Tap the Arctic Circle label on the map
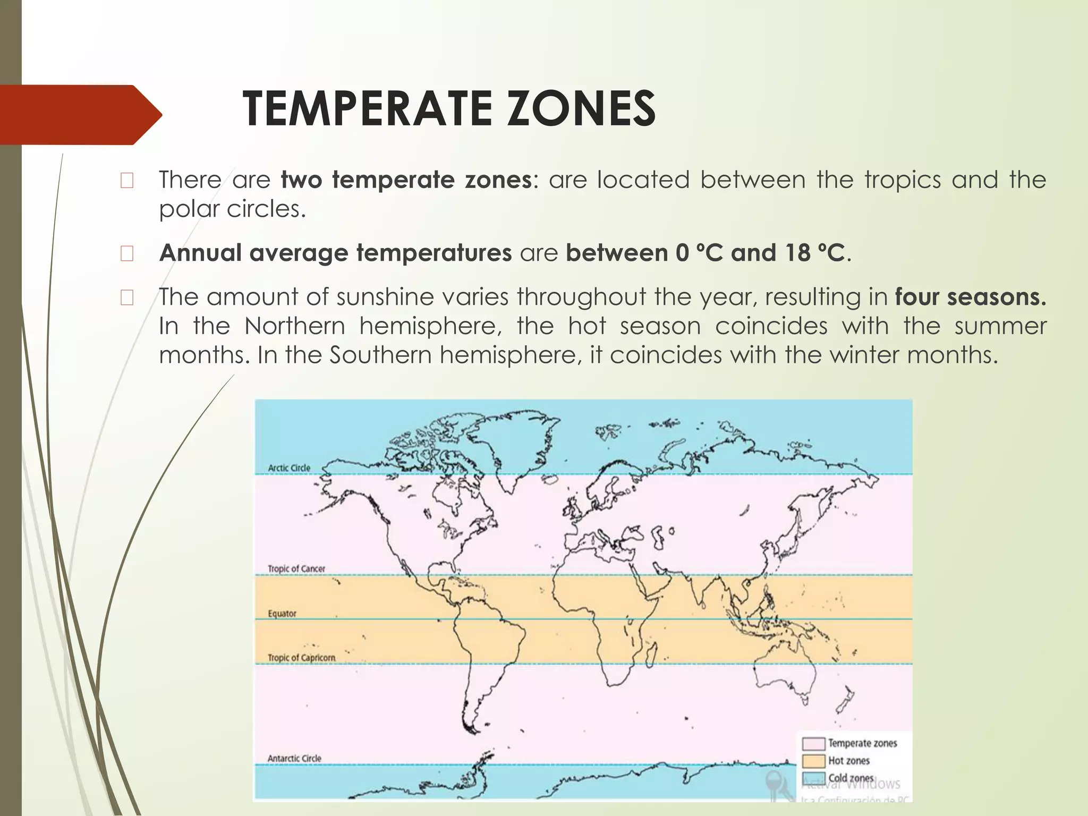[289, 468]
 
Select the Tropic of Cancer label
[296, 569]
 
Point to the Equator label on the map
[282, 614]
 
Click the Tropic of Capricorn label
[301, 658]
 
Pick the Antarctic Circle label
[294, 759]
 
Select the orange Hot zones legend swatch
[813, 761]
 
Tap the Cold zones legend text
[851, 778]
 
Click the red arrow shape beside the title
[80, 114]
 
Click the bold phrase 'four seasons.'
[970, 297]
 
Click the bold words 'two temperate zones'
[406, 180]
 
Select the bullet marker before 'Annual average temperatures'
[127, 254]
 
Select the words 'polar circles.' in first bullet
[233, 209]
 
